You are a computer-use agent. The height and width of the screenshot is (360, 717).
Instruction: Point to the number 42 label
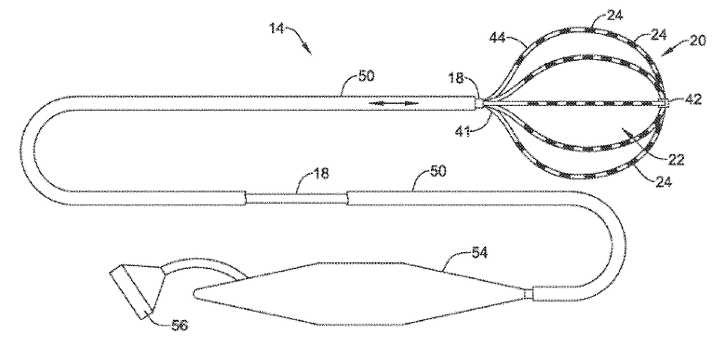point(694,99)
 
